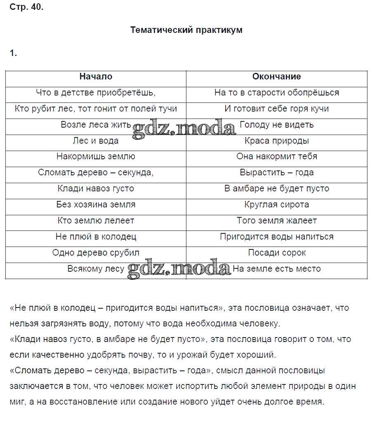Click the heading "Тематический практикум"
pyautogui.click(x=186, y=30)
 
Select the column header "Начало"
pyautogui.click(x=96, y=77)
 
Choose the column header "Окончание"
pyautogui.click(x=276, y=77)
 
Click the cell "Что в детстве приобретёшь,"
pyautogui.click(x=96, y=93)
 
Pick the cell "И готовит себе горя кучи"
pyautogui.click(x=276, y=109)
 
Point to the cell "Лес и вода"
pyautogui.click(x=96, y=141)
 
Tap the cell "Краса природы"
pyautogui.click(x=276, y=141)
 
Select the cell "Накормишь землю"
pyautogui.click(x=96, y=157)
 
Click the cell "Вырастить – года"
pyautogui.click(x=276, y=173)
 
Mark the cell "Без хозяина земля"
pyautogui.click(x=96, y=205)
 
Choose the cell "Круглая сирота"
pyautogui.click(x=276, y=205)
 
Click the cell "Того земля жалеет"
pyautogui.click(x=276, y=221)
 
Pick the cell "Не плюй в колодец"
pyautogui.click(x=96, y=237)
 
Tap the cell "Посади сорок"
pyautogui.click(x=276, y=253)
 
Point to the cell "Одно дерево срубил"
pyautogui.click(x=96, y=253)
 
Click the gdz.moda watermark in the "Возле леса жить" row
pyautogui.click(x=184, y=128)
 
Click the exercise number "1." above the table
pyautogui.click(x=13, y=53)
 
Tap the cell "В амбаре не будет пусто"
pyautogui.click(x=276, y=189)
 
